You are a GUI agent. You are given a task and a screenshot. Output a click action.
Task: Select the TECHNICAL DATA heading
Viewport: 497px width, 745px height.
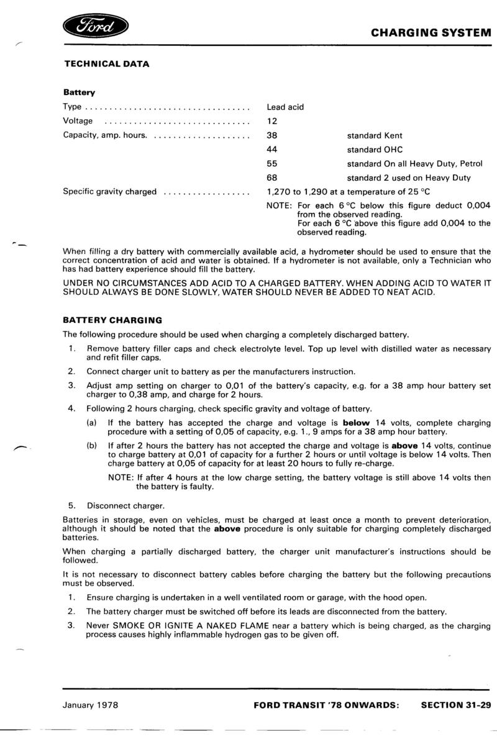click(106, 63)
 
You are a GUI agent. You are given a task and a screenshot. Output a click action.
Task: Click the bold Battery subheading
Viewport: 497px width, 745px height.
click(79, 93)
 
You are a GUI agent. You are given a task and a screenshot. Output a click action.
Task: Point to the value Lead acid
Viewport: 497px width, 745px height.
click(285, 107)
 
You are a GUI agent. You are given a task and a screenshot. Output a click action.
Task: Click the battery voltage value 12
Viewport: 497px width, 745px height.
click(271, 121)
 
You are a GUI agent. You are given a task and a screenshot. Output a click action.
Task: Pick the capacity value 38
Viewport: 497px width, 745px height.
click(271, 135)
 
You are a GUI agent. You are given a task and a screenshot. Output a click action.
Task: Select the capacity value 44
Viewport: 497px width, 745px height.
click(271, 150)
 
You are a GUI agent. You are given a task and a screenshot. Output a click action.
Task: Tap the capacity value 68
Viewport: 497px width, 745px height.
click(271, 178)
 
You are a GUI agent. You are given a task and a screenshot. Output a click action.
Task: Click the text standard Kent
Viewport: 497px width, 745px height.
click(375, 135)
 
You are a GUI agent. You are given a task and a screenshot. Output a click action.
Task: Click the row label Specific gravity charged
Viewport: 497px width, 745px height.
click(110, 192)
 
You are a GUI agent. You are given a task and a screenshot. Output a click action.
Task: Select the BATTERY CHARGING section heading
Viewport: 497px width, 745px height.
click(112, 320)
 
